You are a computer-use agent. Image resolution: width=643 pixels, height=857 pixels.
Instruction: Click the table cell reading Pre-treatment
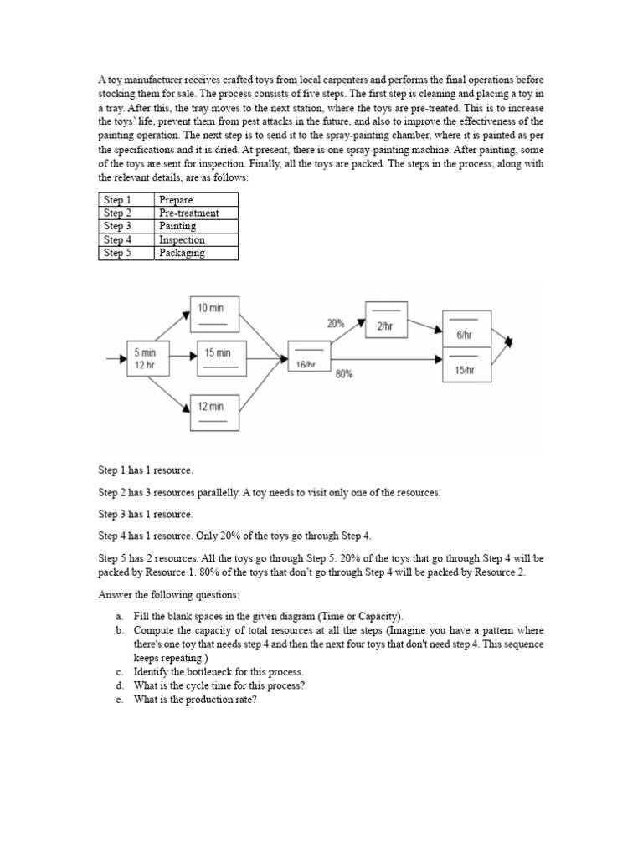pyautogui.click(x=196, y=213)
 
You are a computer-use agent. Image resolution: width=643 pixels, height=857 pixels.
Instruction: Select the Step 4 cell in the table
pyautogui.click(x=126, y=239)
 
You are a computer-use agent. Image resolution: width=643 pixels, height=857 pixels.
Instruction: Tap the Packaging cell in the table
pyautogui.click(x=196, y=253)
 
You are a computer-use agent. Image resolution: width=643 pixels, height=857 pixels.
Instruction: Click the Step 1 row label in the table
pyautogui.click(x=126, y=199)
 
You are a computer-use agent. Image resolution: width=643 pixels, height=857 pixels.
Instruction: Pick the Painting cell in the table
pyautogui.click(x=196, y=226)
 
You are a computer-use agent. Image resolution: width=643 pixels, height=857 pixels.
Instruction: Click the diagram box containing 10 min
pyautogui.click(x=214, y=316)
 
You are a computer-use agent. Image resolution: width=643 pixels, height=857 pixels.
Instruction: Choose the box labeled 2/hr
pyautogui.click(x=386, y=320)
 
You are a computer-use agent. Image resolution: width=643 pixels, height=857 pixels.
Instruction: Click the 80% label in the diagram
pyautogui.click(x=343, y=375)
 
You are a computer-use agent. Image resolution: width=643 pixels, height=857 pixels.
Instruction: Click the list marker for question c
pyautogui.click(x=120, y=672)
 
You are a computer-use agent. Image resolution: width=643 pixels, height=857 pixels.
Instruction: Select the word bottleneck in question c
pyautogui.click(x=216, y=672)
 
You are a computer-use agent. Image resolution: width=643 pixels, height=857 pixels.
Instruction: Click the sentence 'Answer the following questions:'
pyautogui.click(x=168, y=595)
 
